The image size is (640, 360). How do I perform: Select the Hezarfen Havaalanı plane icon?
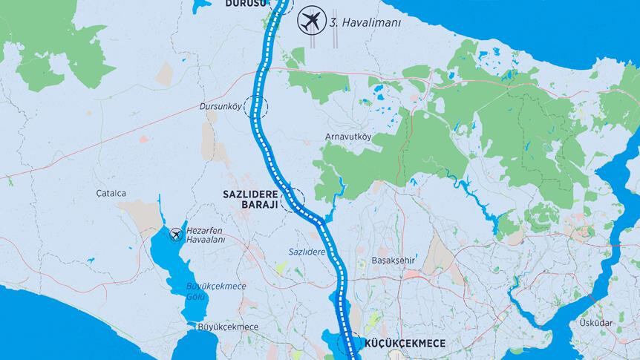(x=176, y=235)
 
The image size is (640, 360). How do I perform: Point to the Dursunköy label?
(x=221, y=107)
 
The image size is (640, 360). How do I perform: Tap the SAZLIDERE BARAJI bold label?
(x=249, y=200)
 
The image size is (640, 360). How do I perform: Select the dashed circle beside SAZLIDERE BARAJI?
(x=292, y=200)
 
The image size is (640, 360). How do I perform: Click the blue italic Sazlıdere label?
(x=307, y=252)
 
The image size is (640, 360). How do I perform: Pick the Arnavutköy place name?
(x=348, y=137)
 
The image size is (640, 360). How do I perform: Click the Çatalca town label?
(x=111, y=194)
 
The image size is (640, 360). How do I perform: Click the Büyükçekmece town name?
(x=228, y=327)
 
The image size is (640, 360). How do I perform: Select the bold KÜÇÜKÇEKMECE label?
(x=405, y=344)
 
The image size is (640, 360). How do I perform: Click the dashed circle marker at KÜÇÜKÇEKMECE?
(x=347, y=344)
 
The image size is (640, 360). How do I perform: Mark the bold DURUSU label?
(x=244, y=3)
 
